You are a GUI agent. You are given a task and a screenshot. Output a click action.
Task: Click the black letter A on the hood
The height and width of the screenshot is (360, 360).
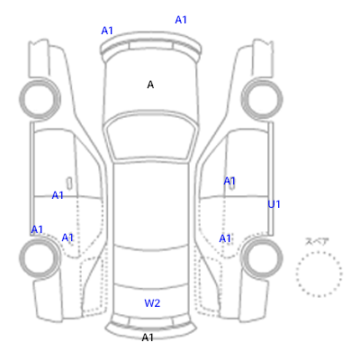coord(150,85)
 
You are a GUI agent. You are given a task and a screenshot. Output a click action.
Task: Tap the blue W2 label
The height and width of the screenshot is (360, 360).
coord(152,303)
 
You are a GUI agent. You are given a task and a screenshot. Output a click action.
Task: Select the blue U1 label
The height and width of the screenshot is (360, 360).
coord(274,204)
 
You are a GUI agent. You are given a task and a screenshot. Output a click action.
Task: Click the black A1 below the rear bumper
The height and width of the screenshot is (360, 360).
coord(148,337)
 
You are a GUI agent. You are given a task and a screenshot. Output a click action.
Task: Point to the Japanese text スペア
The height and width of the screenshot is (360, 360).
coord(317,241)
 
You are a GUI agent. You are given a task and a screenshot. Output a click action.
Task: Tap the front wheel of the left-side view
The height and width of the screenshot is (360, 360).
coord(40,98)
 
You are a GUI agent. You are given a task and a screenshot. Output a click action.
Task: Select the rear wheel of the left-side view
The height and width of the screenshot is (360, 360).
coord(40,258)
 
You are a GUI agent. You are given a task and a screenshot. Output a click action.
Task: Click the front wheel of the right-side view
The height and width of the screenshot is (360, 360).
coord(262,98)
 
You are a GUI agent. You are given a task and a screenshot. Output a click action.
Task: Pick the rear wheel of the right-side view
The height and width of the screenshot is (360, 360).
coord(262,258)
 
